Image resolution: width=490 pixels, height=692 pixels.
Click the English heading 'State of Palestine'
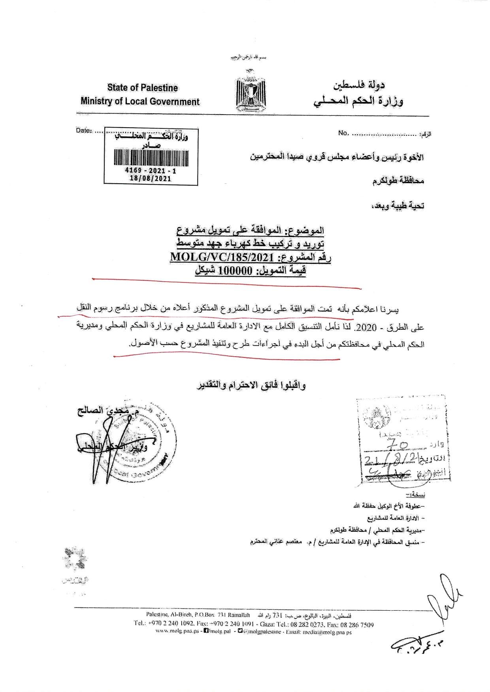click(142, 88)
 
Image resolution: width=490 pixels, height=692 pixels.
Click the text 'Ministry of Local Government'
click(140, 102)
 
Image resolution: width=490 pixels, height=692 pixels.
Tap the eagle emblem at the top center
click(251, 92)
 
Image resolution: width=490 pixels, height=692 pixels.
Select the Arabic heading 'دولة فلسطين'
click(359, 85)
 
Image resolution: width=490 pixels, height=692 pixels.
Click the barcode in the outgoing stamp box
click(151, 157)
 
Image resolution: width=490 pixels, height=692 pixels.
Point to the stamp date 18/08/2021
click(151, 179)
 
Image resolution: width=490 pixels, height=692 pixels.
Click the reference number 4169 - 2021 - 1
click(151, 171)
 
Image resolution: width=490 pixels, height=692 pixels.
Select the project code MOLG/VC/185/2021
click(222, 258)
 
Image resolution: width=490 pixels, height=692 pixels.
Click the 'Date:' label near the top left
click(83, 130)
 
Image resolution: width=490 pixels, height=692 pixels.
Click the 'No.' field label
click(343, 133)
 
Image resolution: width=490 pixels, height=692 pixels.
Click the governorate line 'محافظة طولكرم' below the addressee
click(398, 181)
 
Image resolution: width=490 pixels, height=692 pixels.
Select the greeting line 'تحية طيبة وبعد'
click(398, 206)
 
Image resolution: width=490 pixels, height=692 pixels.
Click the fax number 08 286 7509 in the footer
click(356, 625)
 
